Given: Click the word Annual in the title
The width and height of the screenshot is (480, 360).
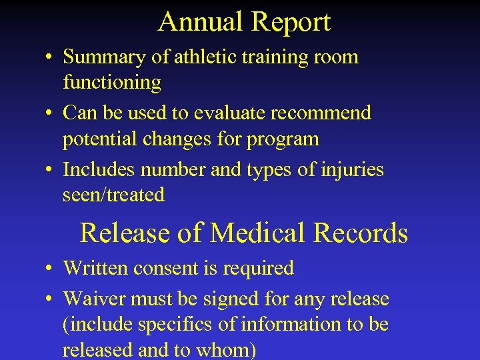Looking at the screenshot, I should pyautogui.click(x=199, y=22).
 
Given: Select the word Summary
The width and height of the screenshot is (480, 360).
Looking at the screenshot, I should pyautogui.click(x=105, y=58).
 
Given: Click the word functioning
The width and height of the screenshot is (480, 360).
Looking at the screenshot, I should pyautogui.click(x=112, y=83).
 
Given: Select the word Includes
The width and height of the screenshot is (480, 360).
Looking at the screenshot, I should pyautogui.click(x=100, y=169).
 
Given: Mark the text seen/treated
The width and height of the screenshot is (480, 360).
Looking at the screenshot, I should pyautogui.click(x=113, y=195).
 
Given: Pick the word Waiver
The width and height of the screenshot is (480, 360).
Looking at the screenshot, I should pyautogui.click(x=95, y=299).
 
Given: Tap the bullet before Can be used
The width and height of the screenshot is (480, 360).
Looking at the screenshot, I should pyautogui.click(x=51, y=114).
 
